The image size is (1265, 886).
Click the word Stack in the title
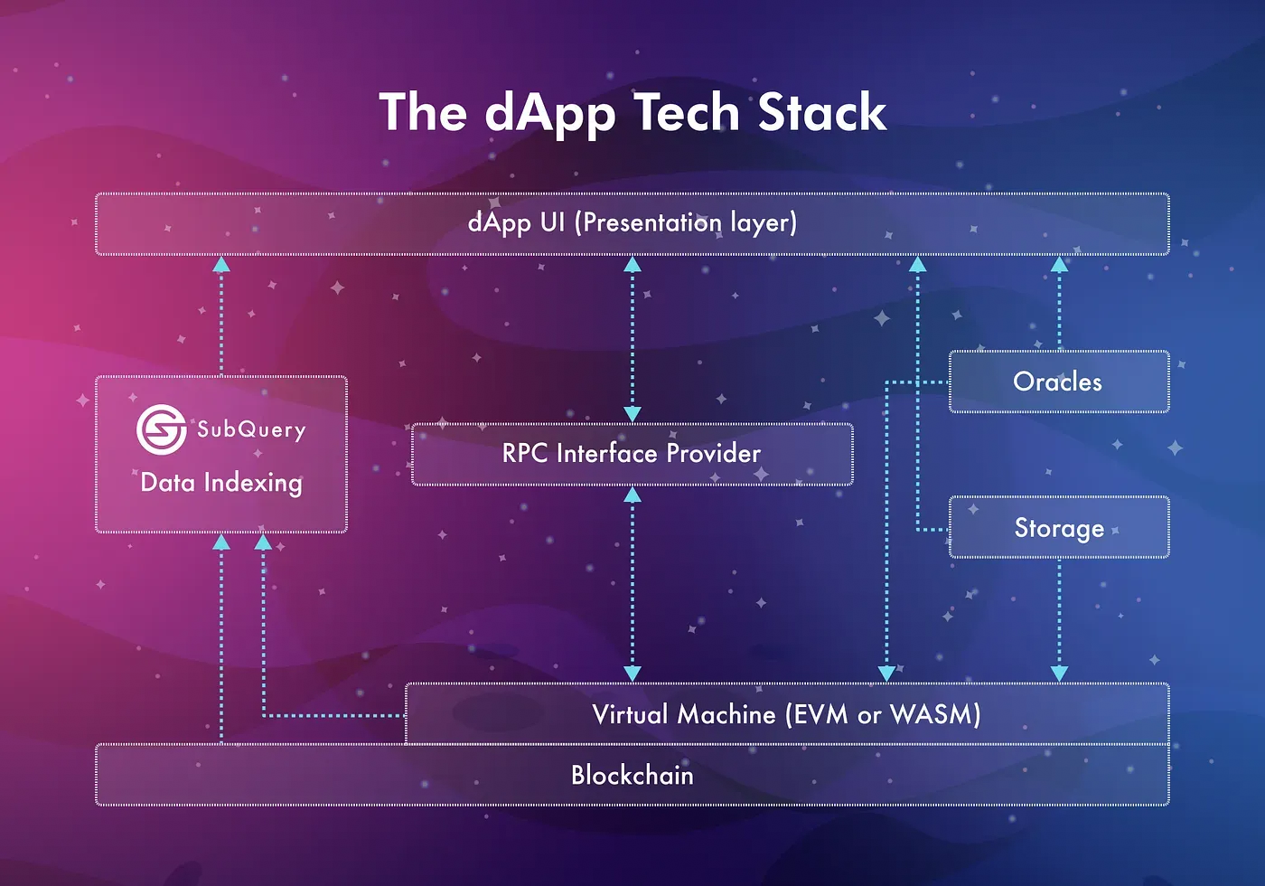click(x=821, y=112)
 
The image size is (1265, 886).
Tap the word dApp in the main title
click(x=549, y=116)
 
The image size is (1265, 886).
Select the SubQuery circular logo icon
click(x=162, y=429)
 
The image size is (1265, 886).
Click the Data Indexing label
click(x=221, y=484)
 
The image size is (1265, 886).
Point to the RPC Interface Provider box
click(x=632, y=454)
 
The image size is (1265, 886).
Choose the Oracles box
click(x=1059, y=382)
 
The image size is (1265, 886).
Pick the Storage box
click(x=1059, y=527)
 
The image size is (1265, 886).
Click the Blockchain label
click(x=632, y=775)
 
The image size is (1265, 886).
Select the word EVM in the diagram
click(x=820, y=714)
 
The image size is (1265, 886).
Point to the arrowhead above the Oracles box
click(x=1059, y=264)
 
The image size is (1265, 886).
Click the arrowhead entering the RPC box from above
click(x=632, y=414)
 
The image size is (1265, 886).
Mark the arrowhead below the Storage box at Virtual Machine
click(x=1059, y=674)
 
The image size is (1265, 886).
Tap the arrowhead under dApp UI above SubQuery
click(x=221, y=264)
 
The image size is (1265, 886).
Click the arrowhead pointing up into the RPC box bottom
click(x=632, y=495)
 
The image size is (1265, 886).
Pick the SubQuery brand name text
click(x=251, y=430)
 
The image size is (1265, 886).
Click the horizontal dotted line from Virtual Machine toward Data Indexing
click(x=334, y=716)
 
